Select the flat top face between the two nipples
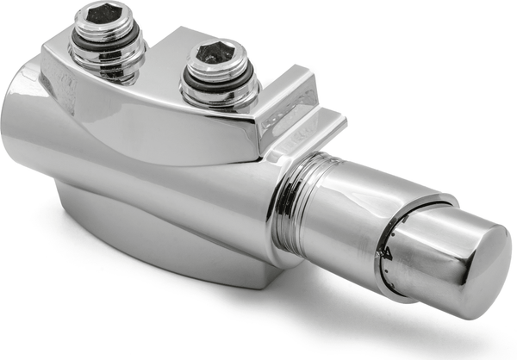(164, 65)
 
